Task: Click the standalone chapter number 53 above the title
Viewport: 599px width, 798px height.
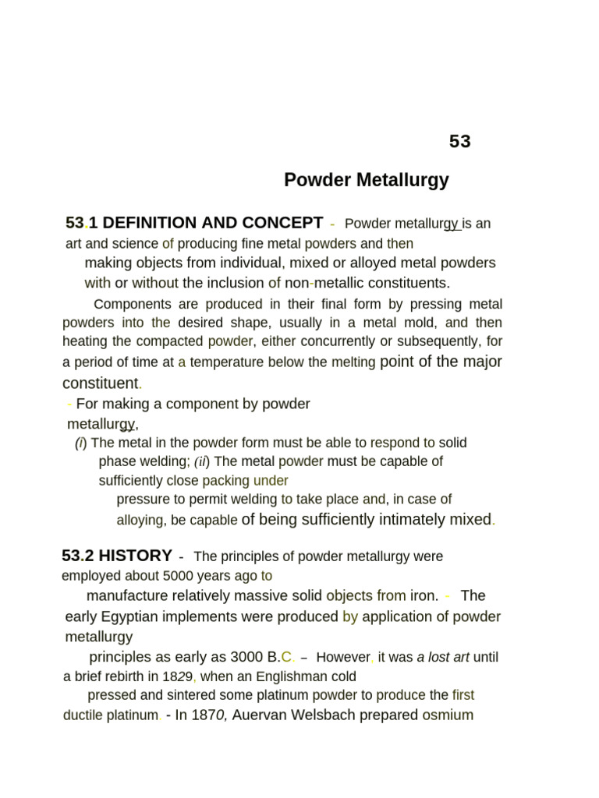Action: click(460, 142)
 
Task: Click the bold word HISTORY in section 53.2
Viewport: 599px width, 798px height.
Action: click(136, 556)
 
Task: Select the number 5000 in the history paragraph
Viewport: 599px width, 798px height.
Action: click(181, 576)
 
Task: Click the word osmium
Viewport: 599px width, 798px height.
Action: click(448, 715)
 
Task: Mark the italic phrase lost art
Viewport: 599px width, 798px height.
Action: click(443, 657)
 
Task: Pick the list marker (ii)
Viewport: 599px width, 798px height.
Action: click(202, 461)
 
